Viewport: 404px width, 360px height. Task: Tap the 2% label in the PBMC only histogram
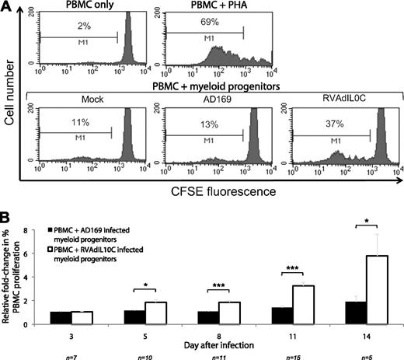coord(78,27)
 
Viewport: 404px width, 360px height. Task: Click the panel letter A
coord(7,7)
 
